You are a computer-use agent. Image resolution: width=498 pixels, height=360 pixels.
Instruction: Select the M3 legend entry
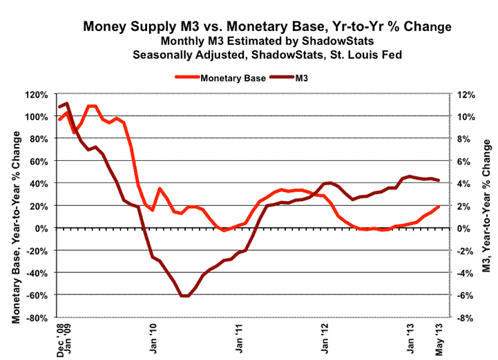[x=303, y=79]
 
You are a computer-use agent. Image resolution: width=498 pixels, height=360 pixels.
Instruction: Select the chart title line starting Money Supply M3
[x=267, y=27]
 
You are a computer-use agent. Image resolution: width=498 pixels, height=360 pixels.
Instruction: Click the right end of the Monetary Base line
[x=439, y=207]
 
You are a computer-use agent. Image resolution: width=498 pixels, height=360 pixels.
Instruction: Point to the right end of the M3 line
[x=439, y=180]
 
